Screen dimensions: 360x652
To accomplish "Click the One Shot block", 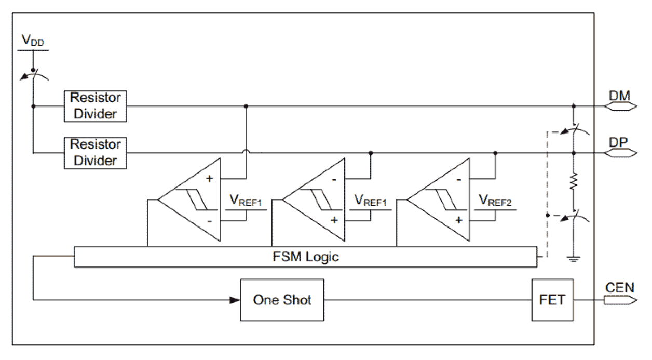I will tap(282, 300).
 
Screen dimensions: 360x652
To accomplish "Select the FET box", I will tap(552, 300).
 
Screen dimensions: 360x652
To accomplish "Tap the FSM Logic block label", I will tap(305, 257).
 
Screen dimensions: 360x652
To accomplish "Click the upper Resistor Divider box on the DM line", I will tap(96, 106).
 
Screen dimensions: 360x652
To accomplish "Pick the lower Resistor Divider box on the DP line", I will tap(96, 152).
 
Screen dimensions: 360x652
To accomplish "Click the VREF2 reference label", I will tap(495, 201).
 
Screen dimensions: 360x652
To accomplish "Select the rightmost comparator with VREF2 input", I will tap(439, 199).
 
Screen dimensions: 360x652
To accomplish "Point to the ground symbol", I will tap(573, 258).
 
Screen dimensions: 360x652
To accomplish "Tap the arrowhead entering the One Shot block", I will tap(235, 300).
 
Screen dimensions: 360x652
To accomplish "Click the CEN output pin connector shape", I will tap(620, 300).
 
